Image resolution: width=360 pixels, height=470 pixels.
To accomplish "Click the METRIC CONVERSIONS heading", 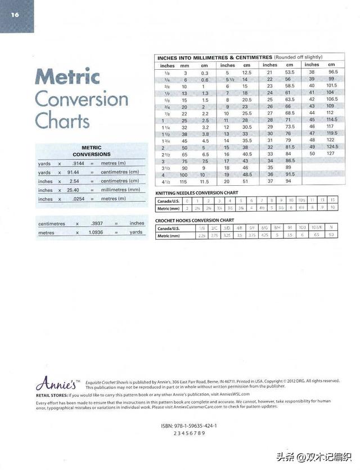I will pos(91,150).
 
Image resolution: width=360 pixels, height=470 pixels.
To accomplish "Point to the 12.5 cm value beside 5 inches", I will pos(246,73).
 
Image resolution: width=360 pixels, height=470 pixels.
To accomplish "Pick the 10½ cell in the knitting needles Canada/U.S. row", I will pos(301,200).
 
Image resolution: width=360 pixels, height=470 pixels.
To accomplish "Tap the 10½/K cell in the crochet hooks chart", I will pos(314,228).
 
